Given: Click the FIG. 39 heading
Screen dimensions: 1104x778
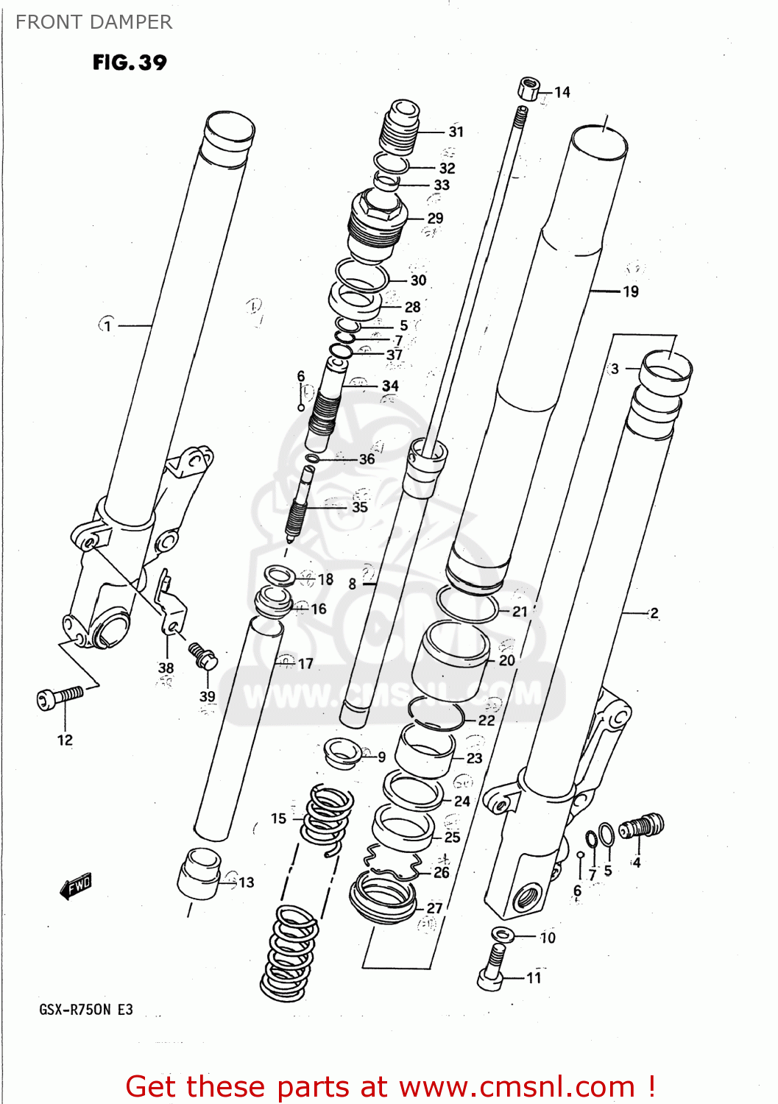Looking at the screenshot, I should pos(130,63).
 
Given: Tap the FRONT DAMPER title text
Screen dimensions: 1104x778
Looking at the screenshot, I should pos(93,22).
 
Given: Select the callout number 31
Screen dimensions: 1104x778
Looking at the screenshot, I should pos(456,132).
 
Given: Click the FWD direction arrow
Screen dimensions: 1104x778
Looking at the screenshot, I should pos(76,886).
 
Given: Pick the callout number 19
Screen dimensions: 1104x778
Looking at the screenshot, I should pos(631,291).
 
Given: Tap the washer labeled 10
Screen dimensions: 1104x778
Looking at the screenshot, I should pos(503,935).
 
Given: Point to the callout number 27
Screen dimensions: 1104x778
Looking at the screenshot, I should pos(435,908).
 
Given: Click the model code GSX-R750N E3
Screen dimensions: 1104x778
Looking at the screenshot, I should pos(86,1009).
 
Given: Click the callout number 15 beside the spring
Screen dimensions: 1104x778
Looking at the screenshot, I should pos(278,818).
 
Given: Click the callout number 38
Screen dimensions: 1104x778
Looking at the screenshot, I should pos(166,668).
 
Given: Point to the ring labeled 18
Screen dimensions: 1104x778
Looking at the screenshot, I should pos(280,576).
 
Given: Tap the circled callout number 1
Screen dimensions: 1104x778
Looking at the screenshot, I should pos(107,325).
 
